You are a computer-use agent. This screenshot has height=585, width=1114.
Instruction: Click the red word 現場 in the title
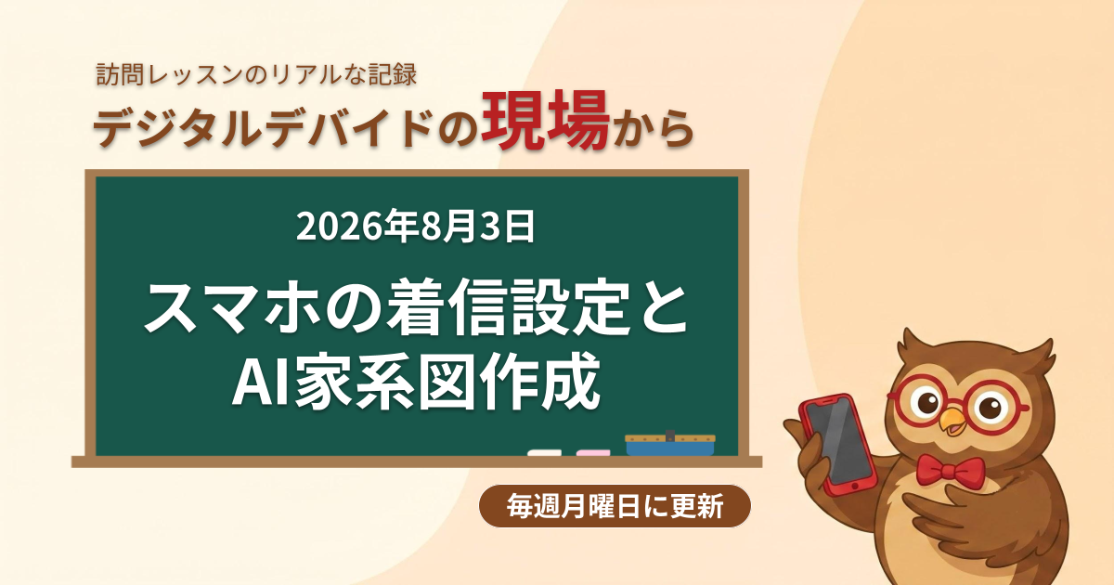546,121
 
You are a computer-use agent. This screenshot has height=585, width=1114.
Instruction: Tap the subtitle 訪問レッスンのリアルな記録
256,74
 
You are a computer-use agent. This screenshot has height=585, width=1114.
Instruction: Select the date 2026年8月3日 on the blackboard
415,227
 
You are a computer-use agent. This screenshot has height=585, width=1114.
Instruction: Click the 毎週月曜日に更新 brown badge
615,506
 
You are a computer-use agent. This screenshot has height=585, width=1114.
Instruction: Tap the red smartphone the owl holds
838,444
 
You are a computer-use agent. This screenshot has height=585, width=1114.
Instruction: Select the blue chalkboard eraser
670,444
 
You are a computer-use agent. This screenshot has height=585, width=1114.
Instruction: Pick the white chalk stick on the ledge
545,453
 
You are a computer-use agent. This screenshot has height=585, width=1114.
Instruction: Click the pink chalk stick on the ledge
593,453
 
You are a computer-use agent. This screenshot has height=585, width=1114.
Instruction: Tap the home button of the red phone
854,485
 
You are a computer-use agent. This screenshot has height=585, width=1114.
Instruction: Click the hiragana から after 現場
653,128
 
